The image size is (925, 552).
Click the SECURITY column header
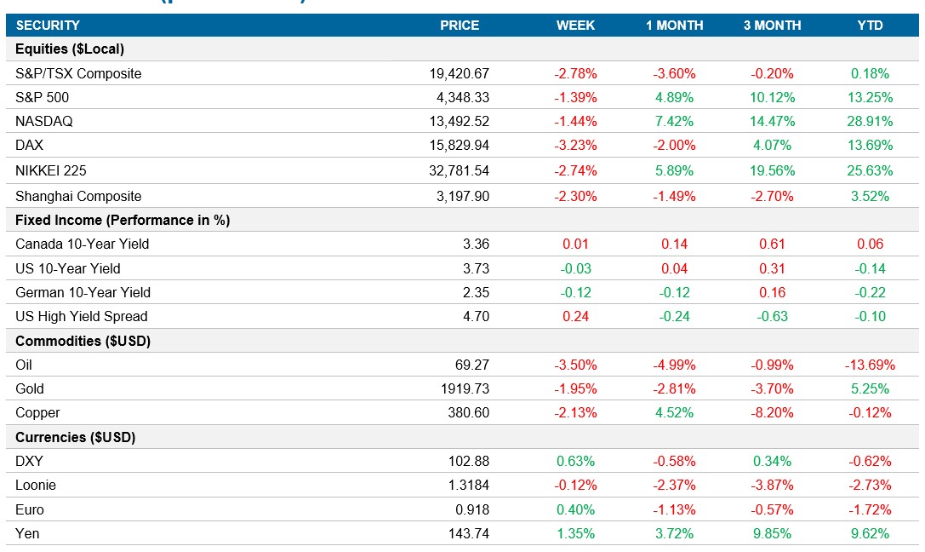[48, 26]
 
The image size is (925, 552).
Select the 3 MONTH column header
[772, 26]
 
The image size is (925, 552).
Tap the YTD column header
[870, 26]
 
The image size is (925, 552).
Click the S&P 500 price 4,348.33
[460, 97]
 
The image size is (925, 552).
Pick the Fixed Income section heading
[123, 220]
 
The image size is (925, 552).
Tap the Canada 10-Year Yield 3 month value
[772, 244]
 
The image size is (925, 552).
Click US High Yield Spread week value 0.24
[575, 316]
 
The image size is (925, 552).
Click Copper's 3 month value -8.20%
[772, 412]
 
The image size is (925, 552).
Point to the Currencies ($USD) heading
[76, 437]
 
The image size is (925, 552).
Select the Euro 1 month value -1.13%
[674, 509]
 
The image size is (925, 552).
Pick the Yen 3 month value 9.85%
[772, 533]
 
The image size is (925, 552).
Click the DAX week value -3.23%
[575, 146]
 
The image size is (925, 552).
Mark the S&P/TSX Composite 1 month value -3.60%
[674, 73]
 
